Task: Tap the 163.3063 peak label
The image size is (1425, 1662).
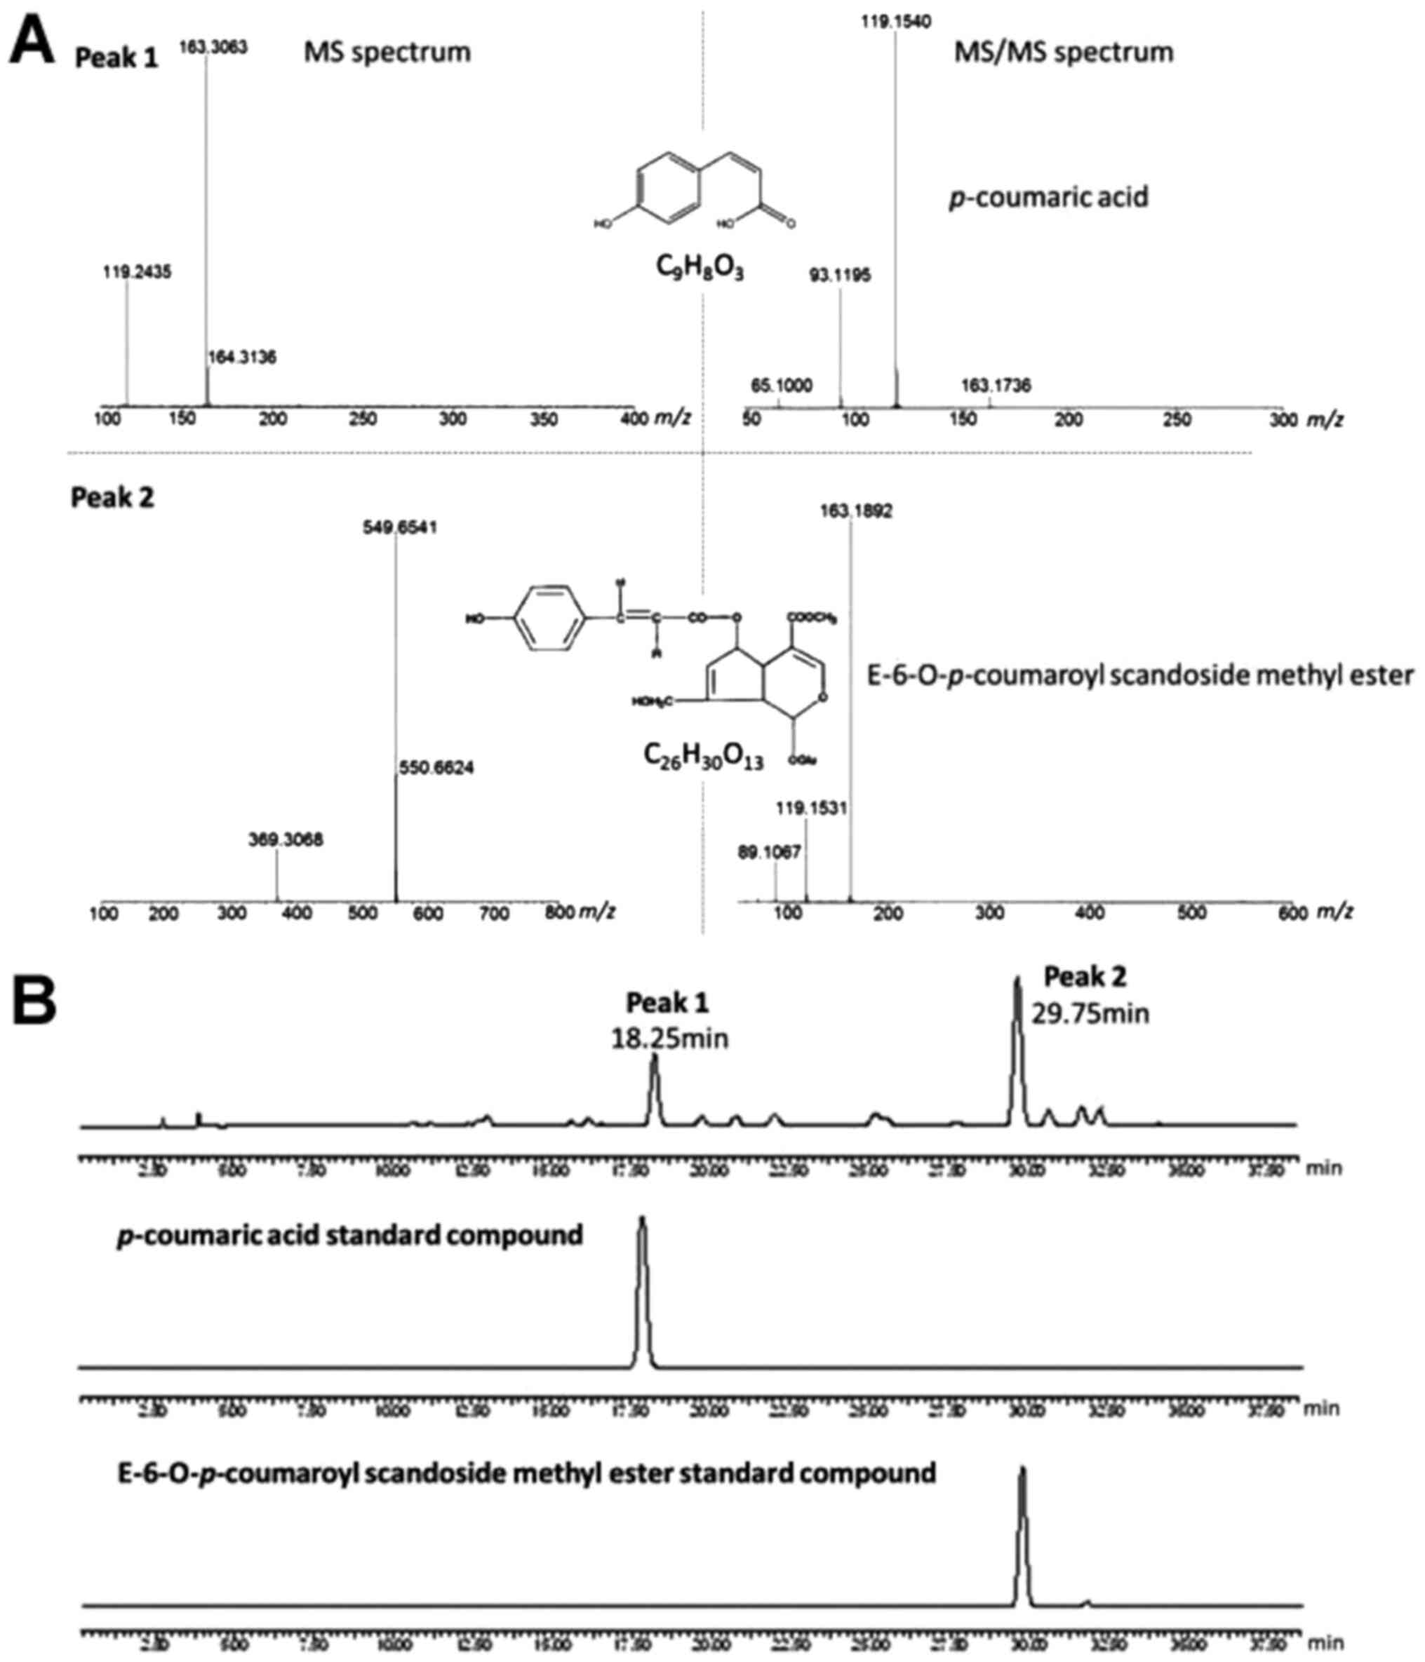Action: coord(213,47)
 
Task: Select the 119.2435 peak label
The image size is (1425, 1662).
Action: coord(138,272)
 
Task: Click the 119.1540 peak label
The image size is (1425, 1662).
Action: coord(896,22)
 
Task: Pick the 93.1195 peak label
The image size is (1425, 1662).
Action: coord(840,276)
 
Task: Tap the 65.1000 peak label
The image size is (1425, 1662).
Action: coord(782,386)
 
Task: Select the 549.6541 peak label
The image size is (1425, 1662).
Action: coord(399,528)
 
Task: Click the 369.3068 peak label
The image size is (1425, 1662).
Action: coord(286,840)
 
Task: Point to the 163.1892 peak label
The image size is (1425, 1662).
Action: coord(856,511)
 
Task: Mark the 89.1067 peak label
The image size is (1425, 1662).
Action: coord(770,852)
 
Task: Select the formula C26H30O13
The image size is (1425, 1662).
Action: coord(703,757)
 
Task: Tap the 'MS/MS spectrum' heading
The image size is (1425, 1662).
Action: coord(1063,52)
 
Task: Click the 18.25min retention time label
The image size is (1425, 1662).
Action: coord(670,1039)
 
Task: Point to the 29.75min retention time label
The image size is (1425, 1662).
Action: coord(1090,1013)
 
